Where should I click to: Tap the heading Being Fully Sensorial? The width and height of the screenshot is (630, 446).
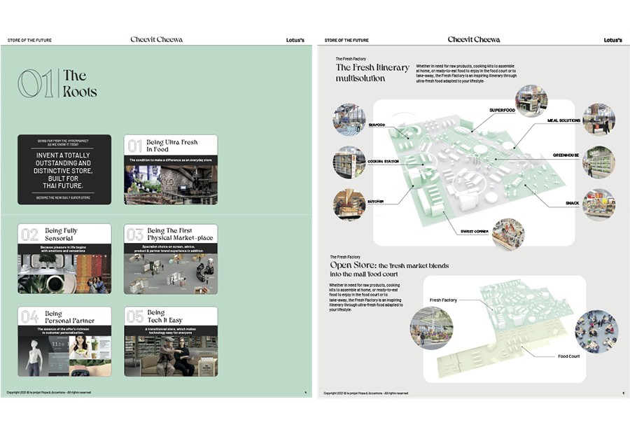[x=61, y=235]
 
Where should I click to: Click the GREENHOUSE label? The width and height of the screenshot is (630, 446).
[x=566, y=155]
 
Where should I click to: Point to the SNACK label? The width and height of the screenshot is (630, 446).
[x=572, y=204]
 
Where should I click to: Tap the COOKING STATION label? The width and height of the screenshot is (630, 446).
[x=384, y=162]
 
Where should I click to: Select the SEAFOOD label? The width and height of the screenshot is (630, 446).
[x=377, y=125]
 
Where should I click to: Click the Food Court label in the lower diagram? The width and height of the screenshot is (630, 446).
[x=568, y=356]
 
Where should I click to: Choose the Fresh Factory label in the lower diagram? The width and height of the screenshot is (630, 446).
[x=443, y=300]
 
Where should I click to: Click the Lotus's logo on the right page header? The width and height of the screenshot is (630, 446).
[x=612, y=40]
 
